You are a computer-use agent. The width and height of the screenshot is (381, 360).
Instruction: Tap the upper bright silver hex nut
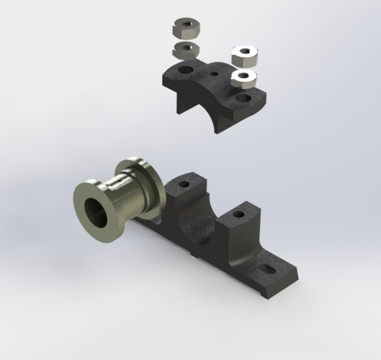click(244, 54)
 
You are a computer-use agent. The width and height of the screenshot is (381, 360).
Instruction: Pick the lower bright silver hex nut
click(243, 77)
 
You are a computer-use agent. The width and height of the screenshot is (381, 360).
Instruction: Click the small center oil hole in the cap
click(214, 73)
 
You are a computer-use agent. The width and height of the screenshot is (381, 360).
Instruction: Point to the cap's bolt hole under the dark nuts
click(185, 70)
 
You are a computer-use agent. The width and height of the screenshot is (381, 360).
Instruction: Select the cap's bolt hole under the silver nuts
click(242, 98)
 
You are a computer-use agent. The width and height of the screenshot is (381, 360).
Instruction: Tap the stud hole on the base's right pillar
click(238, 214)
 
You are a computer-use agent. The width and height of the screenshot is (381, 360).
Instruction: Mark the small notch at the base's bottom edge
click(198, 259)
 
